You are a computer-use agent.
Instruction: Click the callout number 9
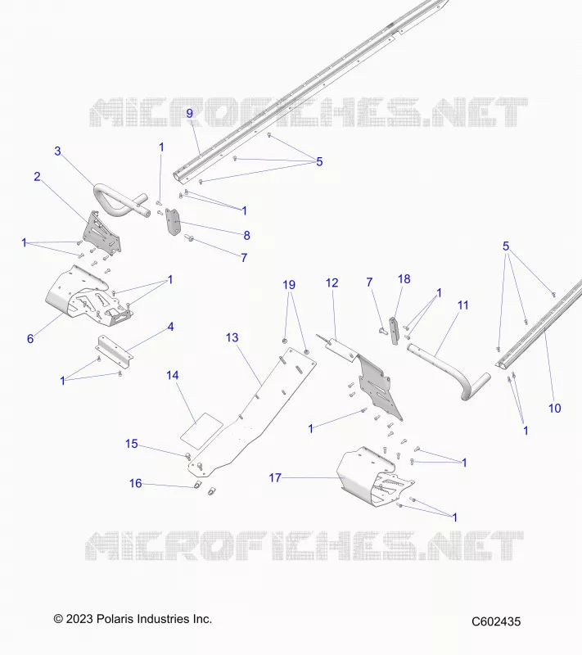[x=190, y=113]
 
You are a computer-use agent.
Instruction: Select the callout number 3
[x=57, y=151]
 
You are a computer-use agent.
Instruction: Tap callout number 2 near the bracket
[x=37, y=177]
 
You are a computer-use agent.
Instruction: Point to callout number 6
[x=30, y=339]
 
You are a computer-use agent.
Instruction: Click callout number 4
[x=170, y=327]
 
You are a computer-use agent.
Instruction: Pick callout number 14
[x=173, y=375]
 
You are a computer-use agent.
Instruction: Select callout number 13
[x=232, y=337]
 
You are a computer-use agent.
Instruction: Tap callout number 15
[x=132, y=444]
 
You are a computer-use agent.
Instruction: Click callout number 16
[x=136, y=483]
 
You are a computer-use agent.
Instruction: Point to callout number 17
[x=275, y=477]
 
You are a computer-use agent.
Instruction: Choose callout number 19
[x=289, y=285]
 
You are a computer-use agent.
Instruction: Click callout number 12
[x=332, y=283]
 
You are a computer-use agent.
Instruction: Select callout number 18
[x=404, y=279]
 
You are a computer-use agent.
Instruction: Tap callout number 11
[x=463, y=305]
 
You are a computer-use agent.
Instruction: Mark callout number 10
[x=554, y=408]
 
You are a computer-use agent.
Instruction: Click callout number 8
[x=246, y=236]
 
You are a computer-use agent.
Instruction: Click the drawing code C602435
[x=496, y=621]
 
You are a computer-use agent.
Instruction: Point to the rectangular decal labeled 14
[x=201, y=431]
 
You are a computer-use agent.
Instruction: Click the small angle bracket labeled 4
[x=115, y=349]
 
